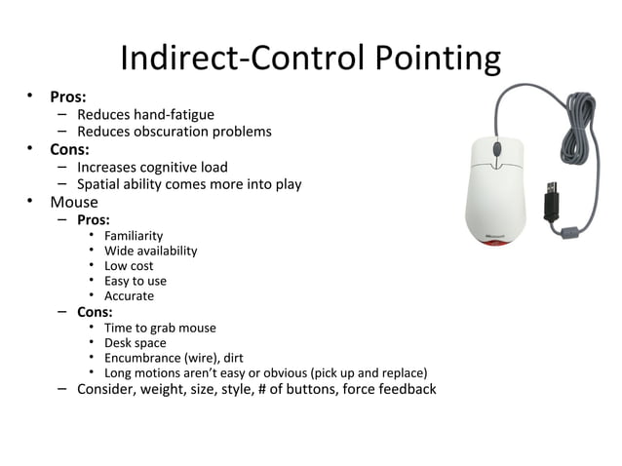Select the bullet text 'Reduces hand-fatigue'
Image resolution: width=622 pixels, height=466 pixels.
coord(145,115)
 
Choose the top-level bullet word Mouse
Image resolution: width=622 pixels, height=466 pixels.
coord(74,202)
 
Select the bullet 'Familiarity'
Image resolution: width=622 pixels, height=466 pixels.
coord(134,236)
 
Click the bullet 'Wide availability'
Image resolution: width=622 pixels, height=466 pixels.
coord(150,251)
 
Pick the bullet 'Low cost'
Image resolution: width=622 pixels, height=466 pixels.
coord(129,265)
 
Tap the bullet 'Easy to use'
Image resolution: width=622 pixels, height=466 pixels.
coord(136,281)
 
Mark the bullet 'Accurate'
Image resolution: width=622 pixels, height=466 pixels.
coord(129,295)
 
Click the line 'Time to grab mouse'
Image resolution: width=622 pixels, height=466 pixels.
coord(160,328)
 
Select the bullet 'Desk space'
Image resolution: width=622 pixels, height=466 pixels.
coord(135,343)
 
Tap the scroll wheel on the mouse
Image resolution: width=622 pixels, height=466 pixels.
coord(496,150)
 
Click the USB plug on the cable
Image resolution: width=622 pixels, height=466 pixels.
coord(552,194)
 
